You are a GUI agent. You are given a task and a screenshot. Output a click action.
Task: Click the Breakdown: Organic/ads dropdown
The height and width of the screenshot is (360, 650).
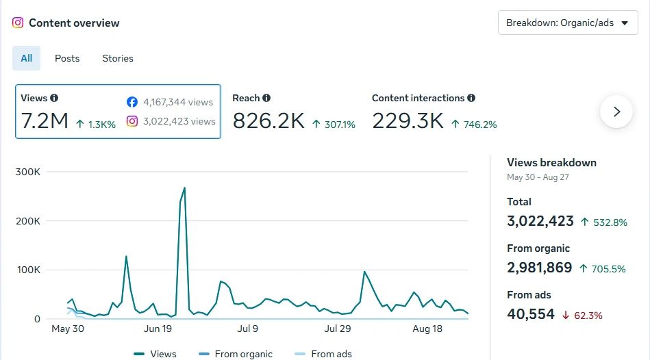point(568,23)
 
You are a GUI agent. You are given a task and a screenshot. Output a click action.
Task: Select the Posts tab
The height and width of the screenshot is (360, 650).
point(67,58)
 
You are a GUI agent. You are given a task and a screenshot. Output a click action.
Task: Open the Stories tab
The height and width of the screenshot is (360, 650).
point(118,58)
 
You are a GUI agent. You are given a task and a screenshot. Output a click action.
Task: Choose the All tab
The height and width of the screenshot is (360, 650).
point(26,58)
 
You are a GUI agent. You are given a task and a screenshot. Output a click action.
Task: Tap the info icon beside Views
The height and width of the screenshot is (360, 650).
point(54,98)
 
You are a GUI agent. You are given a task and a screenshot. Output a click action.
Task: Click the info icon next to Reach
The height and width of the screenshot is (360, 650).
point(266,98)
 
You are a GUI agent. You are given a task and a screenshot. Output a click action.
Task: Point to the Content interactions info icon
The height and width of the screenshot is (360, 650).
point(471,98)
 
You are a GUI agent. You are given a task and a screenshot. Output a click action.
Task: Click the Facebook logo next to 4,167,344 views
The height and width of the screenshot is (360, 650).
point(132,102)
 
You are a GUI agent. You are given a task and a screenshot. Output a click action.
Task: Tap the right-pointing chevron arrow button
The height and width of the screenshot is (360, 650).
point(616,112)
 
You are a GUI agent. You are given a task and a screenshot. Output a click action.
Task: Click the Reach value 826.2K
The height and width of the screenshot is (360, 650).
point(268,121)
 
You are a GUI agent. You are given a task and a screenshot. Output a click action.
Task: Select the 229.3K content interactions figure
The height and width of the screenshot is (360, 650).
point(408,121)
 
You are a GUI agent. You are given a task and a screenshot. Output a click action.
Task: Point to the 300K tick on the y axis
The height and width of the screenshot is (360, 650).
point(28,172)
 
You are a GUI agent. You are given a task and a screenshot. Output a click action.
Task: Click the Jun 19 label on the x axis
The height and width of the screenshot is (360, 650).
point(158,329)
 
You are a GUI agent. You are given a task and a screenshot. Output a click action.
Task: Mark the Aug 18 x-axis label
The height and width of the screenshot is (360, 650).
point(427,329)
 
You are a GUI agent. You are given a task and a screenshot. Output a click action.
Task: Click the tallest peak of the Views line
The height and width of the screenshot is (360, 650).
point(184,188)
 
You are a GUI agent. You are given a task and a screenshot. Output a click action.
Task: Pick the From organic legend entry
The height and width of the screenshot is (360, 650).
point(236,354)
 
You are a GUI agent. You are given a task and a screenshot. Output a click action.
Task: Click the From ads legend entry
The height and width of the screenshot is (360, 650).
point(323,354)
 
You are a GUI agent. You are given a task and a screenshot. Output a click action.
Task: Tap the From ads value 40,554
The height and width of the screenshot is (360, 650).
point(531,314)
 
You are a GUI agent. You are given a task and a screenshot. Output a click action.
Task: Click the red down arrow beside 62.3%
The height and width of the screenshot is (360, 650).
point(566,316)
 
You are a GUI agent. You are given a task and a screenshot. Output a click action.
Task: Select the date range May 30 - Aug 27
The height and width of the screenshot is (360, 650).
point(538,177)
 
